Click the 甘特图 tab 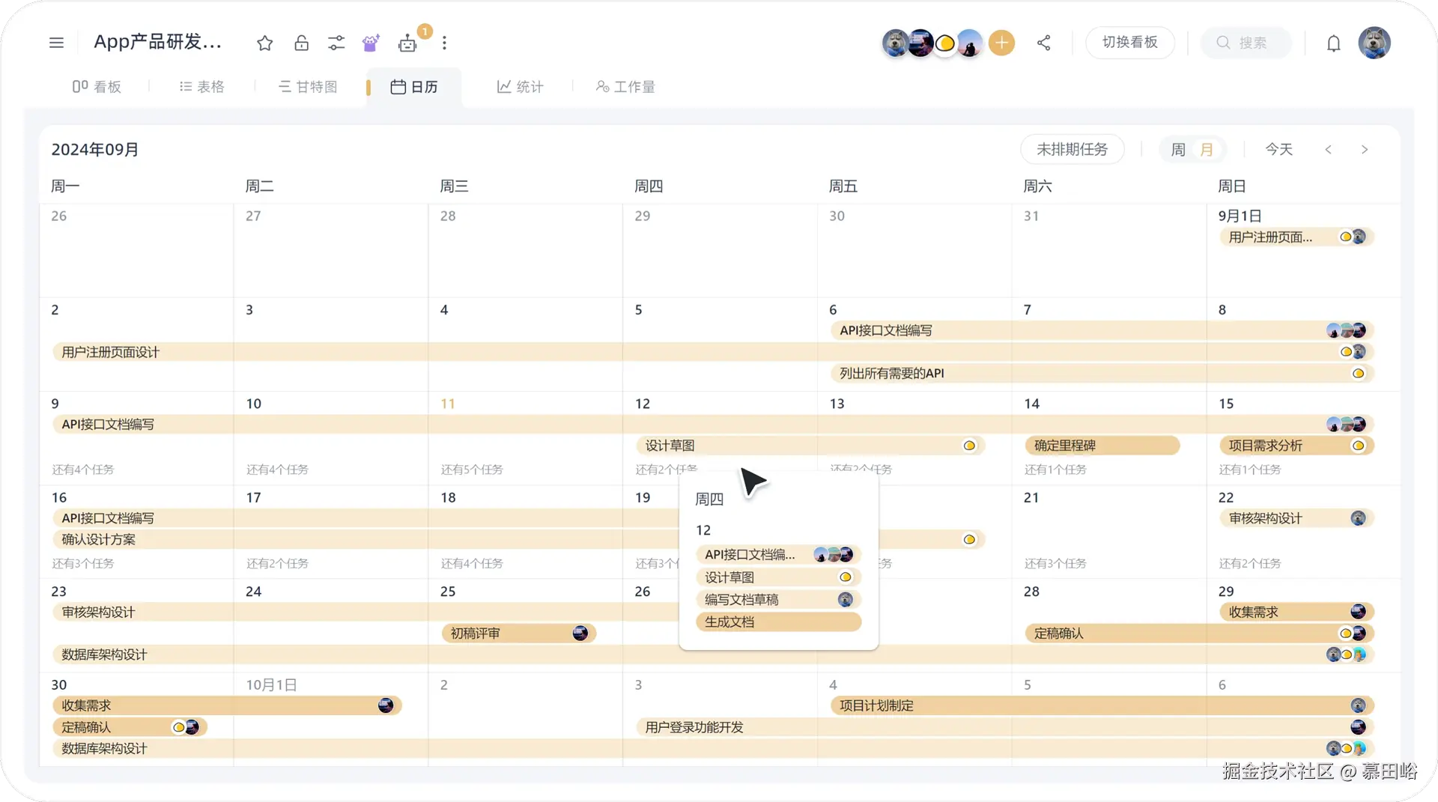pos(308,87)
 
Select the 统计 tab pos(520,87)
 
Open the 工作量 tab pos(625,87)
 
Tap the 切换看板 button pos(1129,43)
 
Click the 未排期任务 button pos(1072,150)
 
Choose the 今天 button pos(1278,150)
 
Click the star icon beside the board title pos(264,43)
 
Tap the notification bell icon pos(1333,43)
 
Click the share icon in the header pos(1043,43)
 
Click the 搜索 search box pos(1246,43)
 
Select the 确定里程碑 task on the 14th pos(1101,446)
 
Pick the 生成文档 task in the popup pos(777,622)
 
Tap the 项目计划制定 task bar pos(876,705)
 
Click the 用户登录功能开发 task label pos(694,727)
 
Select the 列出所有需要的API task pos(891,373)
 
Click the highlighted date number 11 pos(447,404)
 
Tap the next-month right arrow pos(1364,150)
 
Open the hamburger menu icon pos(56,43)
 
